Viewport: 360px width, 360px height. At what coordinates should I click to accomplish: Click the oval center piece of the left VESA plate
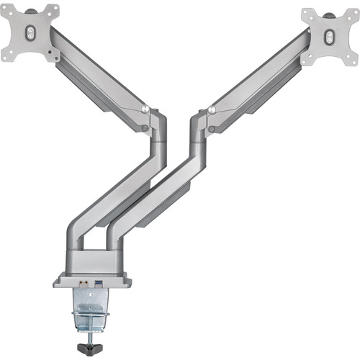[30, 32]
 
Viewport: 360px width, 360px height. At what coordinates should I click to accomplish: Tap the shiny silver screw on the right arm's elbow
[212, 110]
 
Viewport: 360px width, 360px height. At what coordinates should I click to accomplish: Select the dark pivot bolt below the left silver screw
[146, 128]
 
